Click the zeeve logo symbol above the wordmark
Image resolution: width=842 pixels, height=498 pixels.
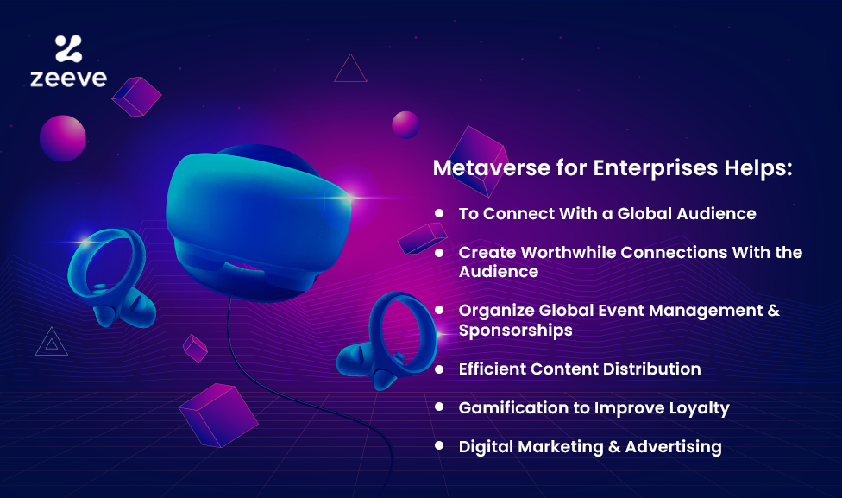coord(69,48)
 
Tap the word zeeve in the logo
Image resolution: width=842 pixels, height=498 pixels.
coord(69,79)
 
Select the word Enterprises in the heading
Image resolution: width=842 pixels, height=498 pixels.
coord(655,168)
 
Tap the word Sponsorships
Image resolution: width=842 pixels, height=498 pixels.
coord(516,331)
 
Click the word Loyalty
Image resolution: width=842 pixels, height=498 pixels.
coord(699,409)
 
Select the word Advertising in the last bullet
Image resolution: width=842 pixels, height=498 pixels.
coord(674,447)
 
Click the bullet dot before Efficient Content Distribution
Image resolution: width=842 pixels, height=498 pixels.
coord(439,369)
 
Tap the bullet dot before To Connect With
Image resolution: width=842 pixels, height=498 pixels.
coord(439,213)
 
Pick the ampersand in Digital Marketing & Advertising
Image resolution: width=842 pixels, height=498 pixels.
coord(614,447)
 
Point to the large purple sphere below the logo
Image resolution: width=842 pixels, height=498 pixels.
coord(63,138)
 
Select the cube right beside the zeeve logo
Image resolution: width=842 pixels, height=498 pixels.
coord(136,97)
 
